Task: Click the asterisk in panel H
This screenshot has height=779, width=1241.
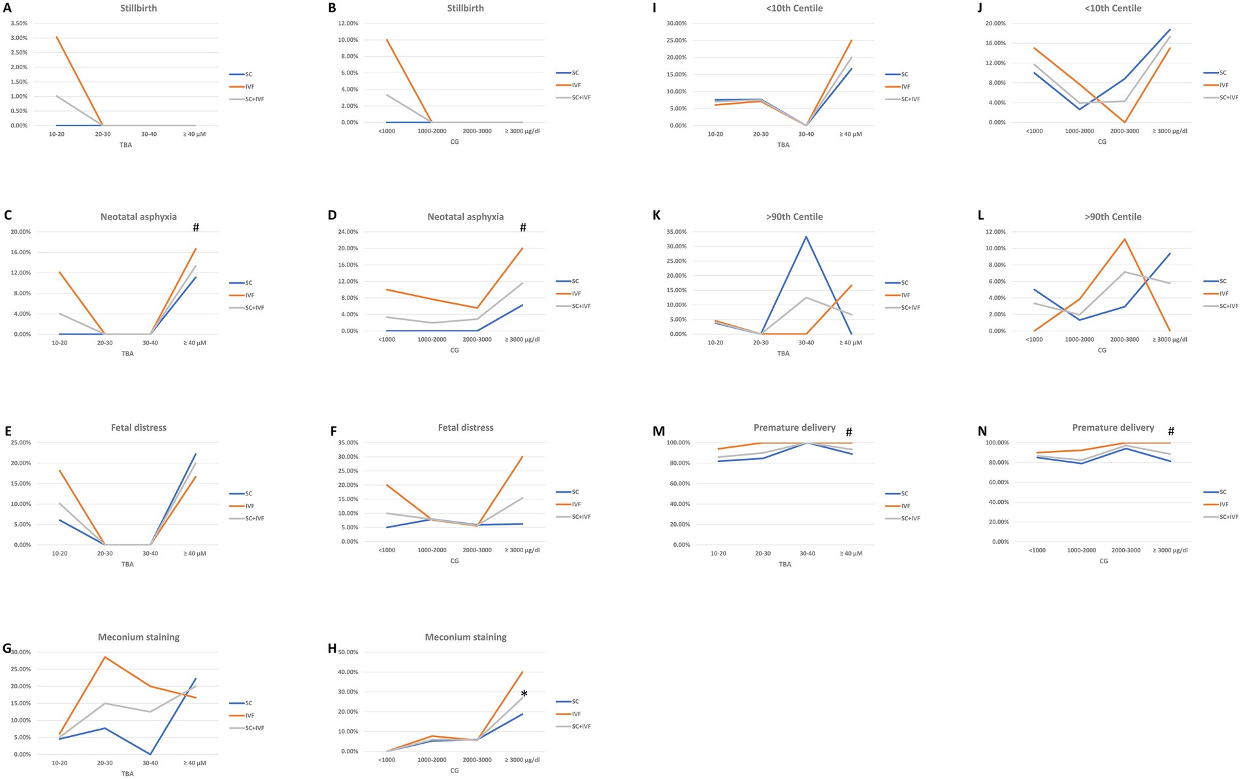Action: (524, 694)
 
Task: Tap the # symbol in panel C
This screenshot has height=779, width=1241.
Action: (195, 227)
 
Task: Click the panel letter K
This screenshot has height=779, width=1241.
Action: (656, 216)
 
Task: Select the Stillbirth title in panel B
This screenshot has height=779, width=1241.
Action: (465, 8)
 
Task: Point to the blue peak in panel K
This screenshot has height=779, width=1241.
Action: (806, 237)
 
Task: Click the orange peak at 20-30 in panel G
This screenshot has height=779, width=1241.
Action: (105, 657)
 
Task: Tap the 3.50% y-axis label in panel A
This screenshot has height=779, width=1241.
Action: (18, 24)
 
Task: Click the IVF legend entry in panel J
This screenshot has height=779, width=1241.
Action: (1223, 85)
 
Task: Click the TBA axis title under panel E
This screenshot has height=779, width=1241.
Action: (127, 564)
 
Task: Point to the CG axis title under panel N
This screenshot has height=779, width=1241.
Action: (1103, 561)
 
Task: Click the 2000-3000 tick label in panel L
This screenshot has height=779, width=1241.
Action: (1124, 339)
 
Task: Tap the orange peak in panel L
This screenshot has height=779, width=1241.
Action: (1124, 239)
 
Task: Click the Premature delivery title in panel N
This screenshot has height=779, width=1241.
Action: (1113, 427)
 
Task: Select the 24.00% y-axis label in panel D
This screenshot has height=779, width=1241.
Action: (346, 232)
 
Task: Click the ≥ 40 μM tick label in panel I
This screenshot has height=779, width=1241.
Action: (850, 134)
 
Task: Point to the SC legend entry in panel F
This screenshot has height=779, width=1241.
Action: (575, 491)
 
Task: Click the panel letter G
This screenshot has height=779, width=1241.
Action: (7, 648)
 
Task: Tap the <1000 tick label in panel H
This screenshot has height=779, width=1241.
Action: (387, 759)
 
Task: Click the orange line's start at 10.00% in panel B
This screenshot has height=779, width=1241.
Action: (387, 40)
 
